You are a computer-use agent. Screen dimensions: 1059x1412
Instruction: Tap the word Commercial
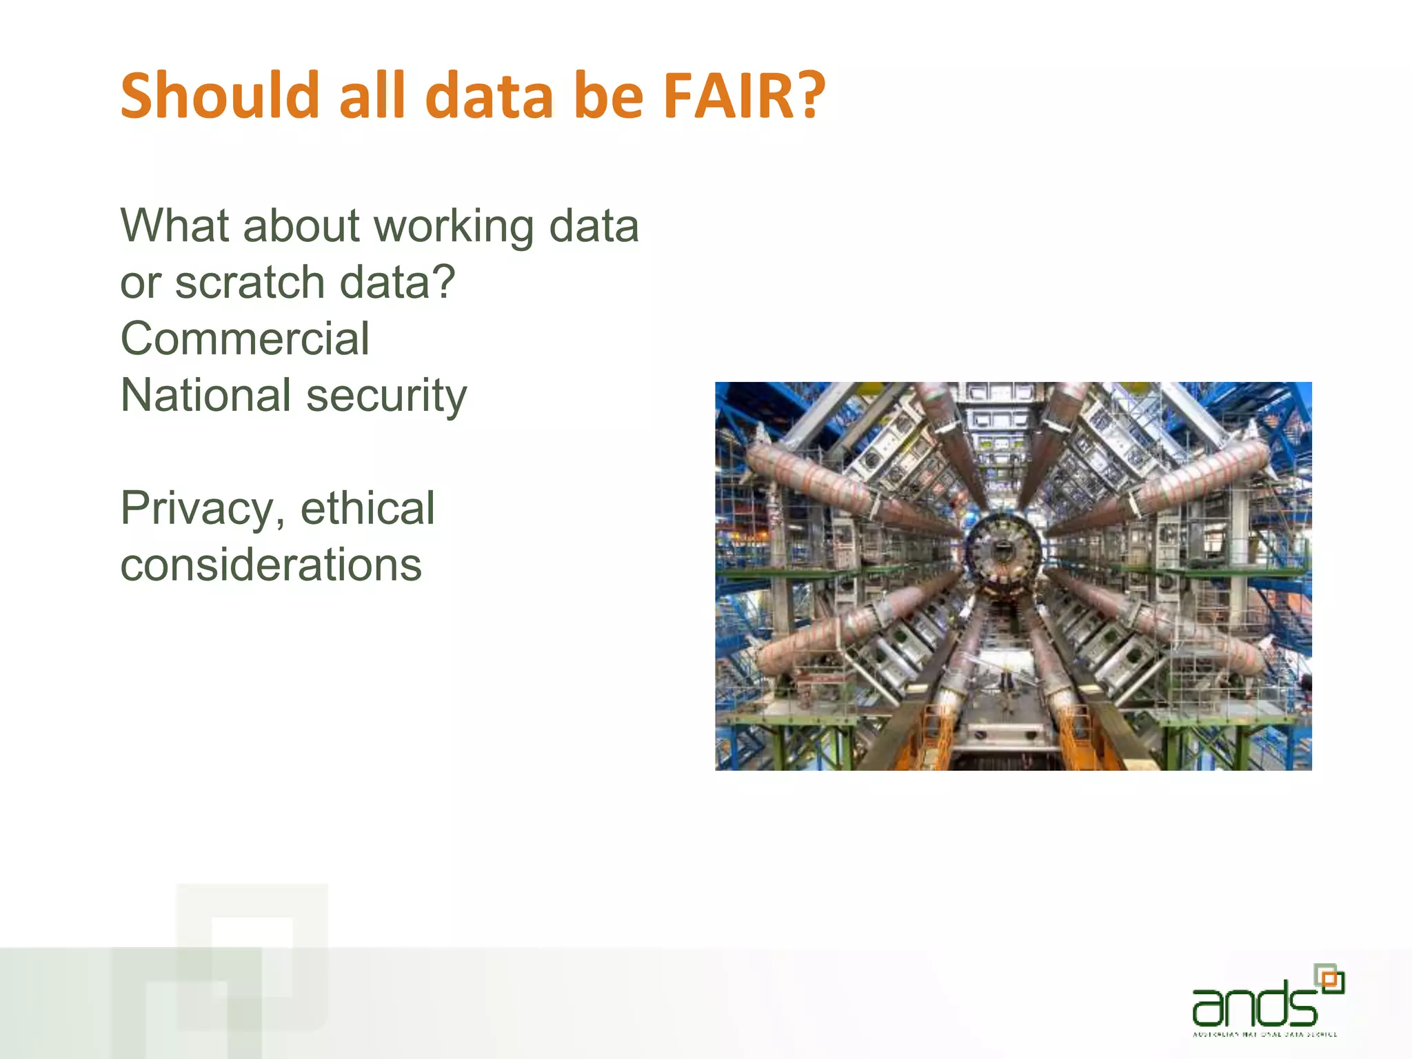pyautogui.click(x=245, y=339)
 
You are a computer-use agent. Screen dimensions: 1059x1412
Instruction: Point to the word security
pyautogui.click(x=386, y=396)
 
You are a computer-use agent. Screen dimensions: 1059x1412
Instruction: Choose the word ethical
pyautogui.click(x=367, y=508)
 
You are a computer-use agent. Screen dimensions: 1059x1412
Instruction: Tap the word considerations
pyautogui.click(x=271, y=565)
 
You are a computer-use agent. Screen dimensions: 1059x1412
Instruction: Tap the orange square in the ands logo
pyautogui.click(x=1332, y=980)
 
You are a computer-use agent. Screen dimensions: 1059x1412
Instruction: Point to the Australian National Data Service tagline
pyautogui.click(x=1265, y=1034)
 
